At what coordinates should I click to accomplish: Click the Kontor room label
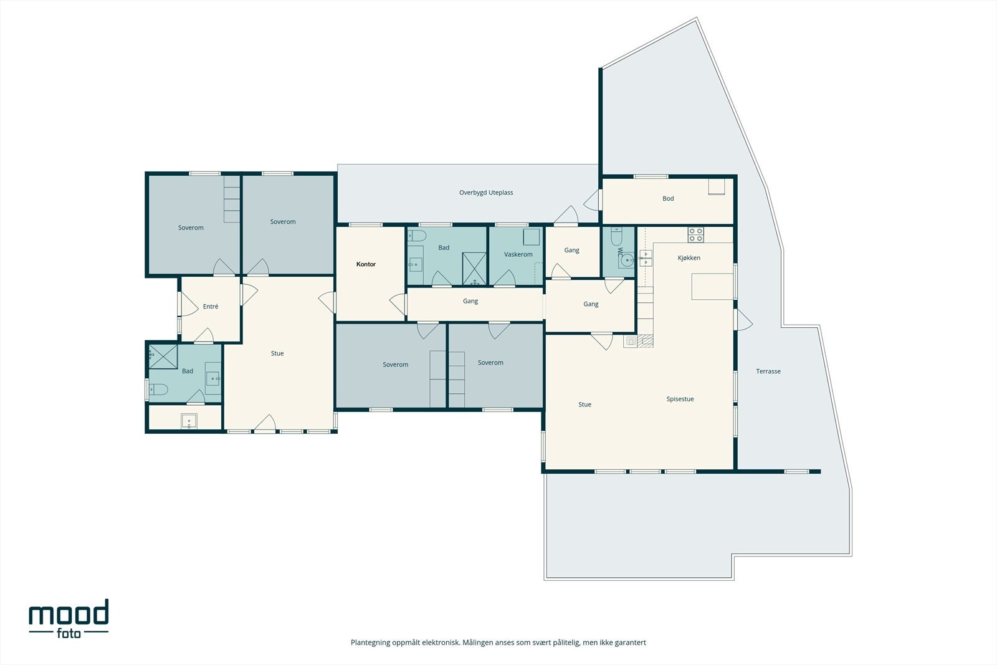[366, 264]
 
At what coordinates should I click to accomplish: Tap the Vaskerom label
[518, 254]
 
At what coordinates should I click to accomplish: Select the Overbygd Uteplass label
[486, 193]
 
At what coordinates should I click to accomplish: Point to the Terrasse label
[768, 371]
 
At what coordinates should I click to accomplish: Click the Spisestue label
[680, 399]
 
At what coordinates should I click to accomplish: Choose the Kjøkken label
[689, 258]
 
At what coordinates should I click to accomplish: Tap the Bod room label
[668, 199]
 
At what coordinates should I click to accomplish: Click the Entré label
[211, 306]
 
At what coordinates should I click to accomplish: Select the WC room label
[619, 252]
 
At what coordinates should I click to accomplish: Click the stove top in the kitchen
[695, 234]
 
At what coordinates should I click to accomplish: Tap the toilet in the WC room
[616, 236]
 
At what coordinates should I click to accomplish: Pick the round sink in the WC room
[627, 259]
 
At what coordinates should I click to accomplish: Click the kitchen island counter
[712, 286]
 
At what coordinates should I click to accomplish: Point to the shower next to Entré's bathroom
[163, 356]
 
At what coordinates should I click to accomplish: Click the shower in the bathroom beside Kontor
[474, 269]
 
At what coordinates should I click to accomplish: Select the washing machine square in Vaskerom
[532, 237]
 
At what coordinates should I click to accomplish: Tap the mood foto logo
[69, 619]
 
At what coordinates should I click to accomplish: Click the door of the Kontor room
[398, 305]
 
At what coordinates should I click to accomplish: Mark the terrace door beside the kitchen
[743, 320]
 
